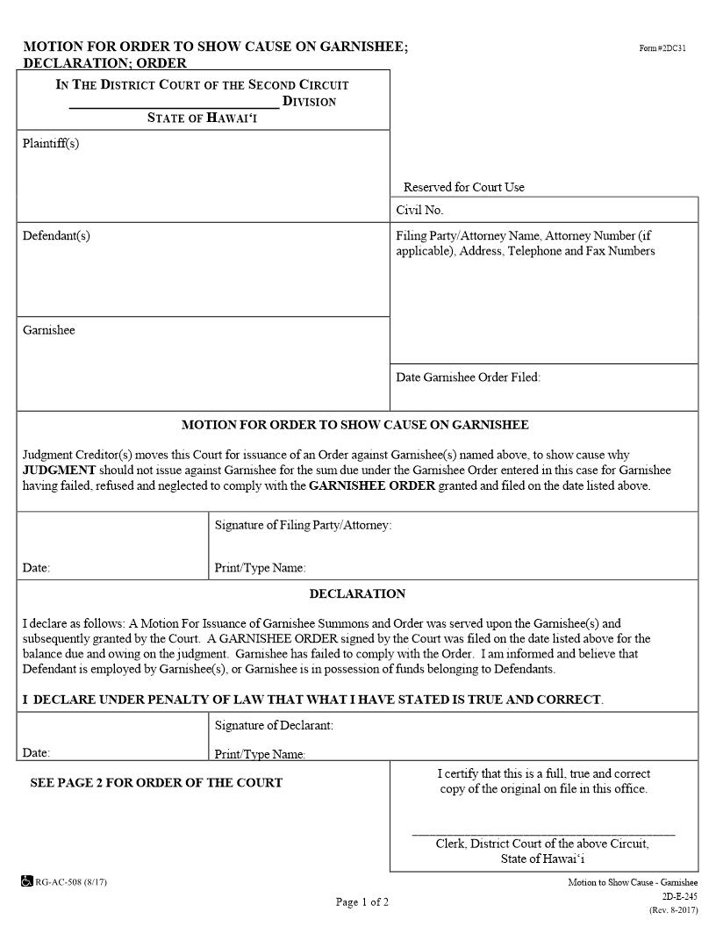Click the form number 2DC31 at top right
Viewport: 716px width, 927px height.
click(x=662, y=47)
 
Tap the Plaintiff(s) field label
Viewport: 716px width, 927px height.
click(x=51, y=143)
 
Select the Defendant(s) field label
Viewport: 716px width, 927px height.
click(x=56, y=235)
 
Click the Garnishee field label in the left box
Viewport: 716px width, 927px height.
click(x=49, y=330)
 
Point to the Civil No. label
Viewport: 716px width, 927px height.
click(x=419, y=210)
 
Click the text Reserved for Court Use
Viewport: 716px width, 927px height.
click(x=463, y=187)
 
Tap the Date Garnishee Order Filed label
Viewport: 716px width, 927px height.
click(x=468, y=377)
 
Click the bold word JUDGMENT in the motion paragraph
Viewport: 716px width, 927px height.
click(x=59, y=470)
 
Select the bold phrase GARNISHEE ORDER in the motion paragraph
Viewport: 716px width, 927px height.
click(x=372, y=485)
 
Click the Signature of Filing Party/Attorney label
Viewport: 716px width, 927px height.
click(x=303, y=525)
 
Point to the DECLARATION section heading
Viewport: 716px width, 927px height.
click(x=357, y=593)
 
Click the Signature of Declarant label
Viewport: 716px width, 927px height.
click(x=274, y=725)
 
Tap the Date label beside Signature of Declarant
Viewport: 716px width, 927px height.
click(x=36, y=753)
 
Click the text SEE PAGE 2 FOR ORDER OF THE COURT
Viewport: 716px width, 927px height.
click(x=156, y=782)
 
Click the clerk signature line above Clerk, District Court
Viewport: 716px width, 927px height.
click(x=543, y=833)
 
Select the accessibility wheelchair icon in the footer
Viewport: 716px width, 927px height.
click(x=27, y=880)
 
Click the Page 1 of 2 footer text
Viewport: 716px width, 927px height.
click(x=362, y=902)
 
